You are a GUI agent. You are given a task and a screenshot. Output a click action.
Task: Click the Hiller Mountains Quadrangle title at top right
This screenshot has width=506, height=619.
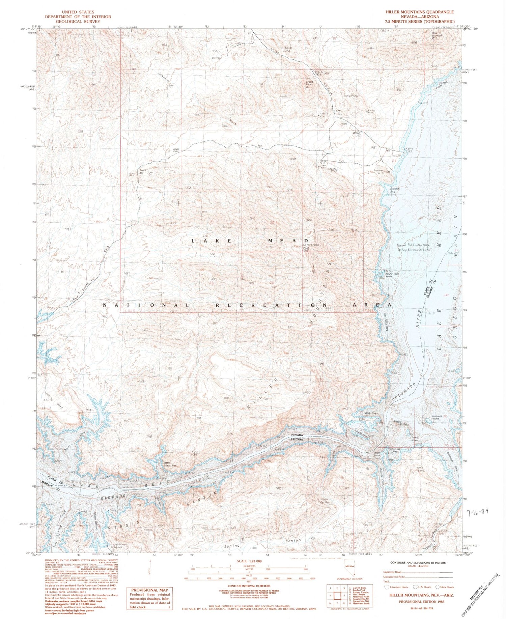(420, 12)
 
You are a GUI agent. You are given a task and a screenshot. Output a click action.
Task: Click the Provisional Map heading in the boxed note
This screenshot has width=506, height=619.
(149, 591)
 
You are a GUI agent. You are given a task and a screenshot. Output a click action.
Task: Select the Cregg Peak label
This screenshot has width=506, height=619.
(309, 84)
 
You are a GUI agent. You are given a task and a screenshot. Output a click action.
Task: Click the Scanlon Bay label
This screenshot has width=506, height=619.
(394, 190)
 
